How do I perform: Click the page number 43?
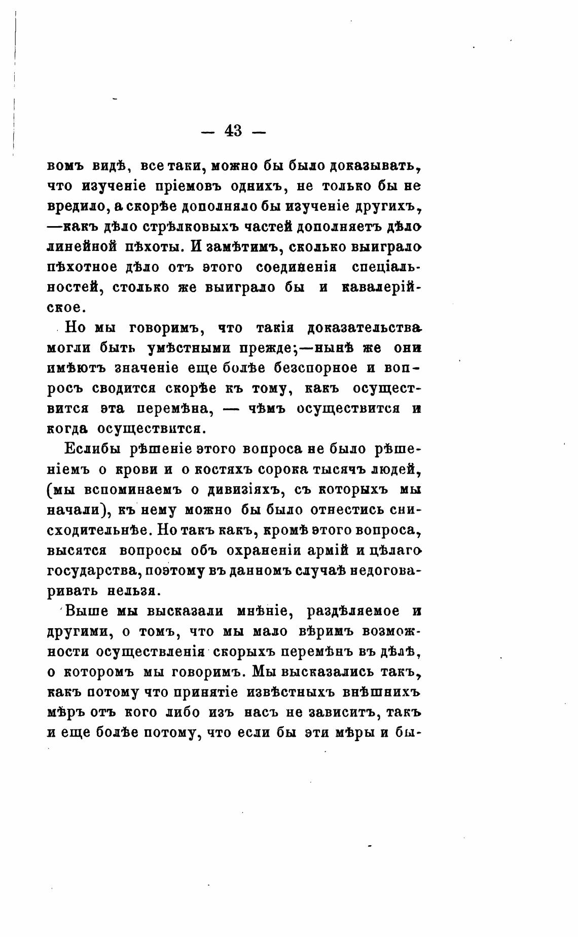point(233,131)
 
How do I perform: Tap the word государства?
point(93,571)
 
